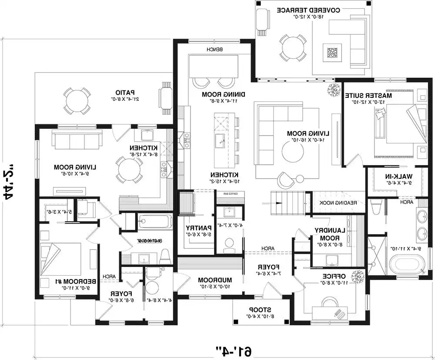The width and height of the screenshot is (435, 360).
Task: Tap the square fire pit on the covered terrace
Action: pyautogui.click(x=331, y=53)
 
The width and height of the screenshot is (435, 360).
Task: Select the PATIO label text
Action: pyautogui.click(x=124, y=92)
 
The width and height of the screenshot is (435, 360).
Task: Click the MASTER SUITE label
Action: pyautogui.click(x=369, y=95)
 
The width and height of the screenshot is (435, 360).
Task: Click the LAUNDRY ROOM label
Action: pyautogui.click(x=327, y=235)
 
